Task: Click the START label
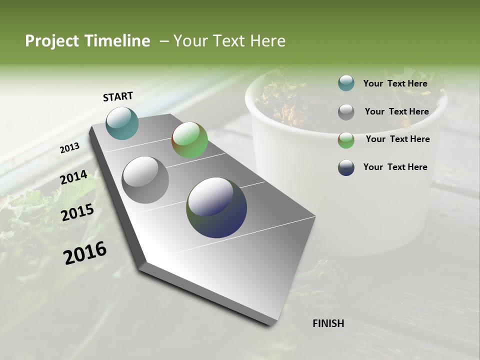coord(118,96)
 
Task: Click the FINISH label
coord(328,323)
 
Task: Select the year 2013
coord(69,148)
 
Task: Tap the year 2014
coord(73,177)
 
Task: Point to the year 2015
coord(77,212)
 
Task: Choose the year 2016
coord(85,252)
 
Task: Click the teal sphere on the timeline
coord(122,123)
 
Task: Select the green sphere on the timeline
coord(189,140)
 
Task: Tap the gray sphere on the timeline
coord(145,180)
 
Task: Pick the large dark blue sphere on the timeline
coord(216,207)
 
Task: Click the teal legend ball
coord(346,83)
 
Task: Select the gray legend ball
coord(346,112)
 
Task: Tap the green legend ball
coord(346,140)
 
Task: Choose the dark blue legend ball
coord(346,167)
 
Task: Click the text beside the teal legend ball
coord(395,83)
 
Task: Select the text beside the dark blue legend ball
coord(395,167)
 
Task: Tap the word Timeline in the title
coord(116,41)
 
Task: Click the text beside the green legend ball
coord(397,139)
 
